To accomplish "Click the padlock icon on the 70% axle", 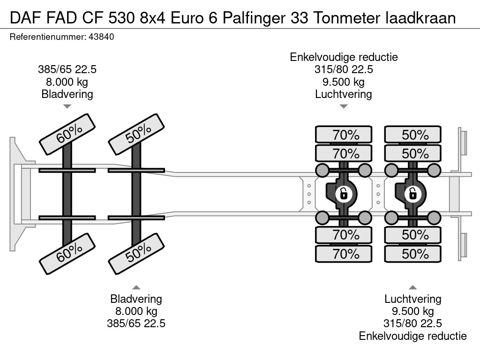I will [x=344, y=193].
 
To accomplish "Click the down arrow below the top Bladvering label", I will [x=67, y=106].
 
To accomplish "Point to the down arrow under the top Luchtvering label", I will [x=344, y=106].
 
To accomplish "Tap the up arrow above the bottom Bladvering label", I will [x=136, y=287].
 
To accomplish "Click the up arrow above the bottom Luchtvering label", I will [x=413, y=287].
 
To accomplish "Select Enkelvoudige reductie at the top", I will [x=344, y=57].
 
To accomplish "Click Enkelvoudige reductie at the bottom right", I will [x=413, y=336].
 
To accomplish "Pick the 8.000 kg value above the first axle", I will [x=67, y=82].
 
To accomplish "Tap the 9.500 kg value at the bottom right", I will [x=413, y=311].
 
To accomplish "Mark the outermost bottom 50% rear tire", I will [x=413, y=254].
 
